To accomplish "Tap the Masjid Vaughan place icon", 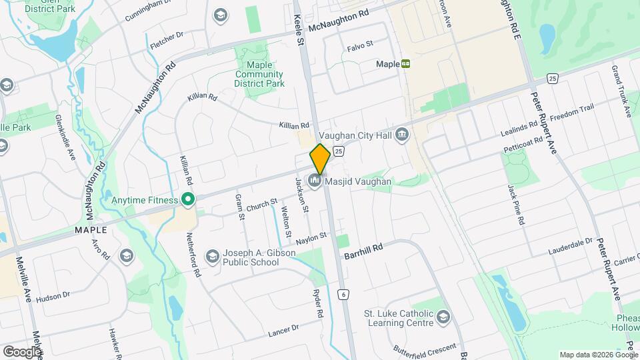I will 315,181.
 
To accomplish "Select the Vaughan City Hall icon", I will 401,135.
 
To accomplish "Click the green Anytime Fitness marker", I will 188,199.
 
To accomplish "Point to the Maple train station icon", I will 405,64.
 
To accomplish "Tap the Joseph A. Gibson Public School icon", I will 212,257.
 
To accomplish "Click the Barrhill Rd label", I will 363,251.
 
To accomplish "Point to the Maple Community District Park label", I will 259,74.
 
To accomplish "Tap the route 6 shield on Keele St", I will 343,294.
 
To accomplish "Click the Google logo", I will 22,351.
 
